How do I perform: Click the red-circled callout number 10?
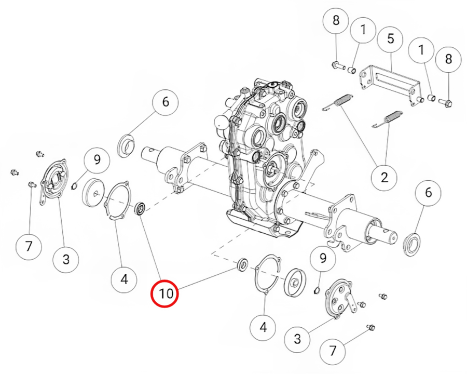(164, 293)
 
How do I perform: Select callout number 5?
(390, 38)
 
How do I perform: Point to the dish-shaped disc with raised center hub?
(295, 283)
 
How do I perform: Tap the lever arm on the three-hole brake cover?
(352, 303)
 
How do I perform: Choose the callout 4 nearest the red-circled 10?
(124, 279)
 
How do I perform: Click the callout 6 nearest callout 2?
(428, 192)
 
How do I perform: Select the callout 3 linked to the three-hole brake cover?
(297, 339)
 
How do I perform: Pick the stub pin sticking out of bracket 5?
(420, 99)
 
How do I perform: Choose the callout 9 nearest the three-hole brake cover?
(323, 258)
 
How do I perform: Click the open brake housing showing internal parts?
(53, 181)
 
